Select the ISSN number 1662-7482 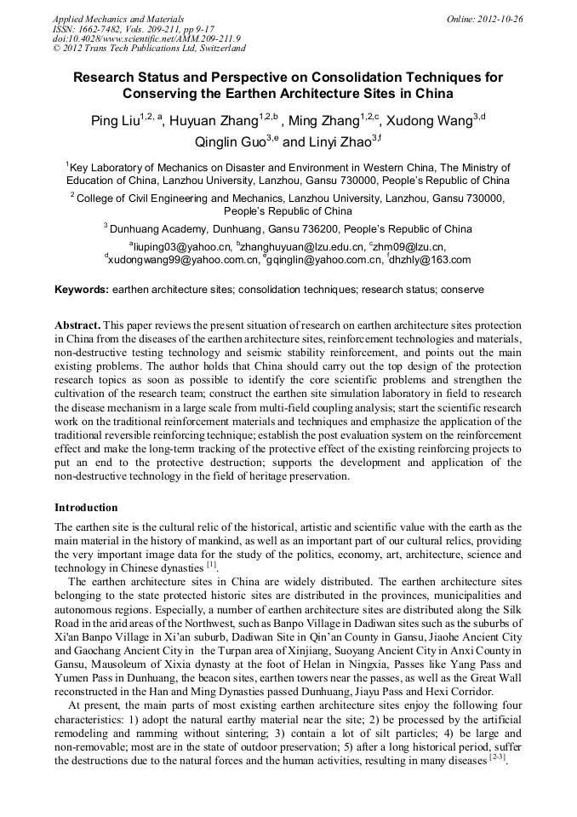[x=110, y=28]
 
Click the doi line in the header [x=146, y=38]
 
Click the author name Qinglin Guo [x=230, y=142]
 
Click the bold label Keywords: [x=82, y=290]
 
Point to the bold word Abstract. [x=77, y=326]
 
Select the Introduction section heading [x=86, y=508]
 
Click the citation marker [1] [x=211, y=565]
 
